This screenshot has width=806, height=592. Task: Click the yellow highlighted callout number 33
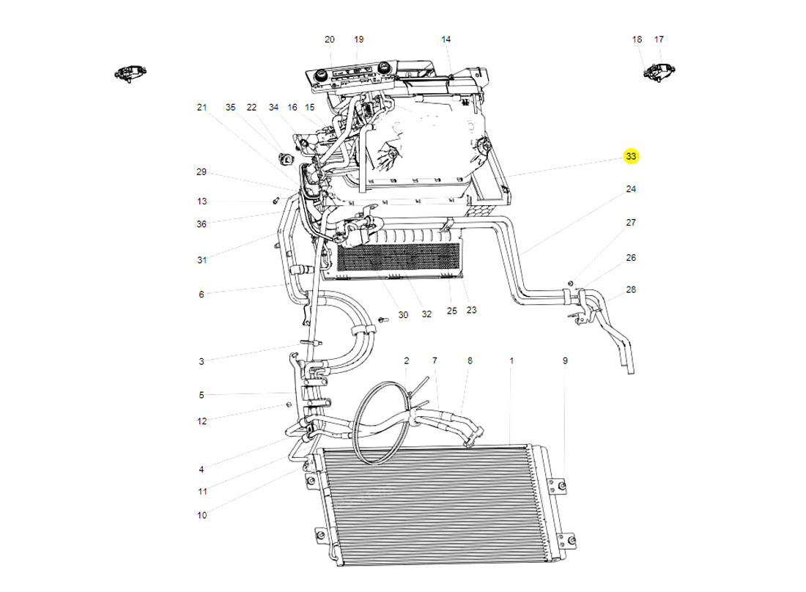631,156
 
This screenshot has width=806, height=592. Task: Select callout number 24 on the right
631,189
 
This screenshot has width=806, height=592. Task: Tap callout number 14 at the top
446,40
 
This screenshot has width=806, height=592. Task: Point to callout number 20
329,40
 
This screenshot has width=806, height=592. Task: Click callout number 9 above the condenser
565,361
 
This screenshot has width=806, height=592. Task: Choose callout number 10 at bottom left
202,515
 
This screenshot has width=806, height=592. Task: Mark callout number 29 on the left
202,172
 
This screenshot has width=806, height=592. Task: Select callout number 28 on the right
631,290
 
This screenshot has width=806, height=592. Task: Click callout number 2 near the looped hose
406,361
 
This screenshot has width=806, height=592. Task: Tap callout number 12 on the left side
202,421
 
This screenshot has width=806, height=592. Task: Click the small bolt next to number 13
276,200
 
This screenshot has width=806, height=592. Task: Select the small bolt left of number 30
382,320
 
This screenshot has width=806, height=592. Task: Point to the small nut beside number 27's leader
571,282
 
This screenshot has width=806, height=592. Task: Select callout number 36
202,224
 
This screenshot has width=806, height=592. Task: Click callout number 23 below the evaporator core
471,310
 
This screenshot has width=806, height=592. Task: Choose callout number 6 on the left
202,295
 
